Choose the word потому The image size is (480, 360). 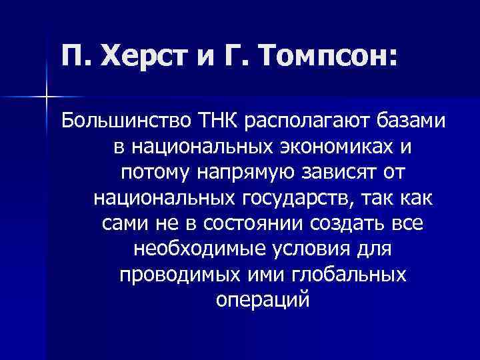pos(151,172)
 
